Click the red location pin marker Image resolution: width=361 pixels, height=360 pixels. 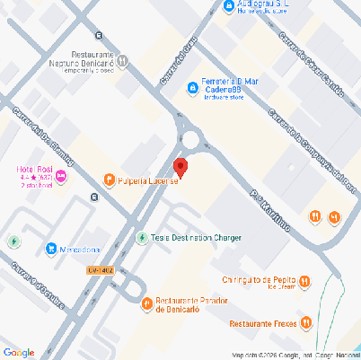180,167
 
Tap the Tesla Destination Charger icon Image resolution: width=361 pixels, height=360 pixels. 141,238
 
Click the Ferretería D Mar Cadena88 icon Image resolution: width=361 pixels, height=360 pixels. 191,87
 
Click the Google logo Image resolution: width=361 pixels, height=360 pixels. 19,351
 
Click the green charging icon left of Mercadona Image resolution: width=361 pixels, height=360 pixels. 13,241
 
